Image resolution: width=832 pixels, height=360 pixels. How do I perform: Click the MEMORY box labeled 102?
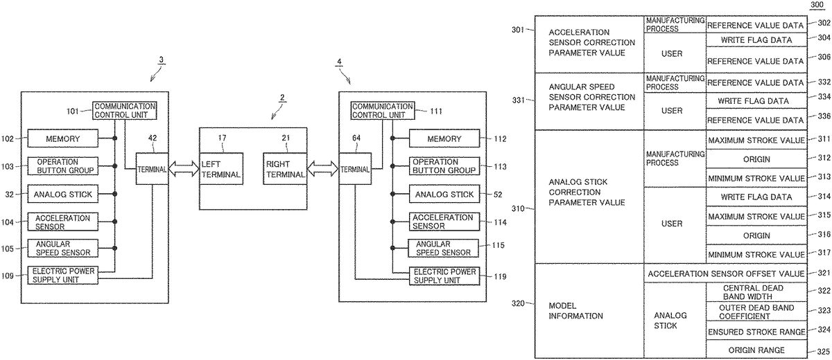pyautogui.click(x=63, y=138)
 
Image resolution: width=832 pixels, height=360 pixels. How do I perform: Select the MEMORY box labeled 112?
pyautogui.click(x=444, y=138)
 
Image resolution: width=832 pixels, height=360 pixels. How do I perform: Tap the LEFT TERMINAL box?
pyautogui.click(x=221, y=170)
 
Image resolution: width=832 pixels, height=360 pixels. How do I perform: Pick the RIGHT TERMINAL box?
pyautogui.click(x=285, y=170)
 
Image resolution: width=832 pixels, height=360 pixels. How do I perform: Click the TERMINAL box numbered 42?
pyautogui.click(x=151, y=170)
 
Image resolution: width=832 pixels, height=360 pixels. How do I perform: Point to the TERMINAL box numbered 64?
pyautogui.click(x=354, y=170)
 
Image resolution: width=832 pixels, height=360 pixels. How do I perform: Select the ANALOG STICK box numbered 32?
pyautogui.click(x=63, y=195)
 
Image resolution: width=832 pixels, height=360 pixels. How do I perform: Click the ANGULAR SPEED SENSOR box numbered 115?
pyautogui.click(x=444, y=248)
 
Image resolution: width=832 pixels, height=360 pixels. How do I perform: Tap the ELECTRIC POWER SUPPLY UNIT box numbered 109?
pyautogui.click(x=63, y=275)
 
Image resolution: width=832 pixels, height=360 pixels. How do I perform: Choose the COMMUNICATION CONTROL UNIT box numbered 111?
pyautogui.click(x=383, y=111)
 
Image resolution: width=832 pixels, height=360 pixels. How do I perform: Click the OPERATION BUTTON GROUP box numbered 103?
pyautogui.click(x=63, y=166)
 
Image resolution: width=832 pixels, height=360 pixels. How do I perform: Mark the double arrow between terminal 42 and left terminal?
pyautogui.click(x=183, y=170)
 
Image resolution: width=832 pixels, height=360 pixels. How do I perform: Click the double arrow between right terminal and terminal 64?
pyautogui.click(x=322, y=170)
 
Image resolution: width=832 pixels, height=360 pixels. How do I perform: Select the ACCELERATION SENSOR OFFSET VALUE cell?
pyautogui.click(x=727, y=274)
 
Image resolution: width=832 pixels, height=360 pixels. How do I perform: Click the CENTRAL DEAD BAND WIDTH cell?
pyautogui.click(x=756, y=293)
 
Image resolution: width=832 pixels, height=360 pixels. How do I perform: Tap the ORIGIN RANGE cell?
pyautogui.click(x=756, y=350)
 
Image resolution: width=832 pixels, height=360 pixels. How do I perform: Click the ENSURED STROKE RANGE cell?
pyautogui.click(x=756, y=330)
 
